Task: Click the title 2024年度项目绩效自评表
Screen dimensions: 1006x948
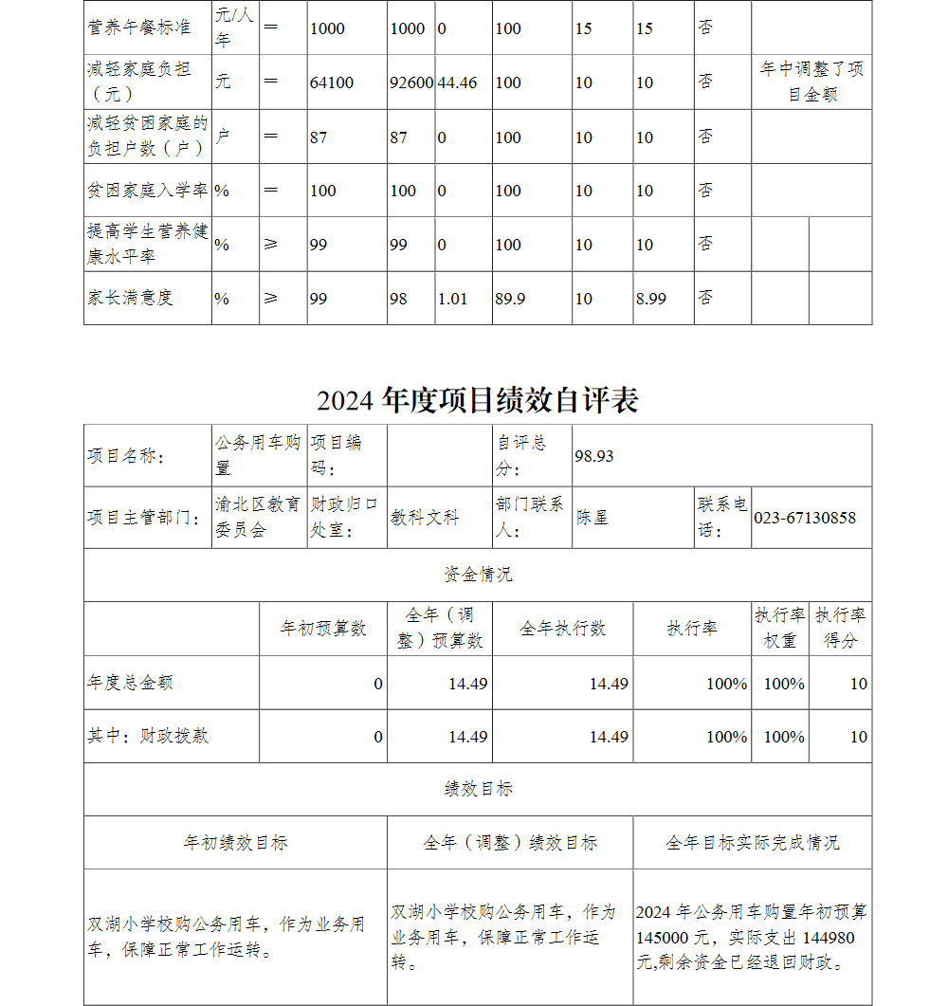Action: tap(478, 400)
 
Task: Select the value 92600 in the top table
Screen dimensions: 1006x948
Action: tap(411, 82)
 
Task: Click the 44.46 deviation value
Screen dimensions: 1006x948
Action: tap(457, 82)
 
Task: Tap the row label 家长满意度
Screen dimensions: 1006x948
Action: tap(131, 298)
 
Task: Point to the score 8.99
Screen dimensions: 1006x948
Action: tap(650, 299)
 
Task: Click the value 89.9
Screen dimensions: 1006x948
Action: tap(510, 299)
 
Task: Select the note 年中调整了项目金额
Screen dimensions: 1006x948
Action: tap(811, 82)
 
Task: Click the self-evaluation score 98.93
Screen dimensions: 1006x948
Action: tap(594, 456)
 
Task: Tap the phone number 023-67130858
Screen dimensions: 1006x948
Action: tap(805, 518)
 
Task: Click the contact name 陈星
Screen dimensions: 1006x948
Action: tap(592, 518)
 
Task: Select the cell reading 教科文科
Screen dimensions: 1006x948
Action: tap(425, 518)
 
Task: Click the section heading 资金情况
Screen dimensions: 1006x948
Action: tap(478, 575)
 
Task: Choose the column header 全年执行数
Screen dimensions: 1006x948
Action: tap(562, 629)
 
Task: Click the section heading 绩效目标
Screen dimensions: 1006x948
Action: tap(478, 789)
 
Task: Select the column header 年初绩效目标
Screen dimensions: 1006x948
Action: tap(235, 842)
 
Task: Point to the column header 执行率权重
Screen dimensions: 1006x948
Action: tap(779, 628)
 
